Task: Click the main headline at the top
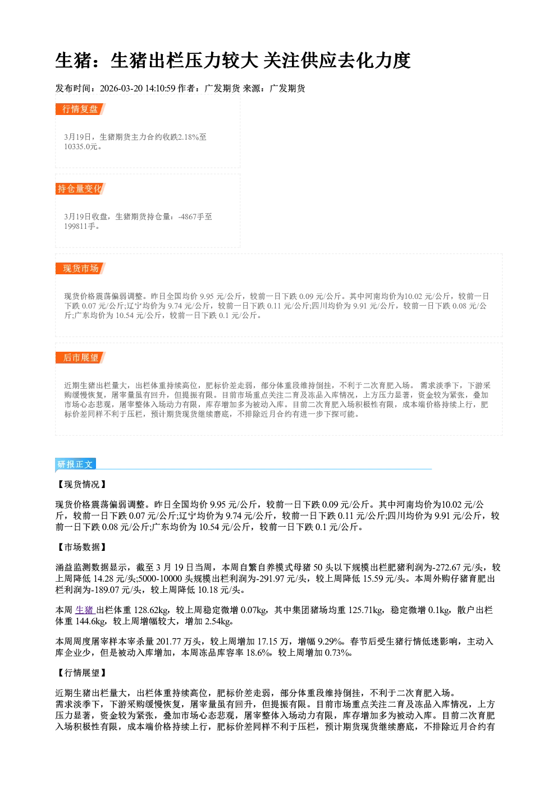point(233,61)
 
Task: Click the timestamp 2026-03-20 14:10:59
point(138,88)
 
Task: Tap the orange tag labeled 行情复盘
point(80,109)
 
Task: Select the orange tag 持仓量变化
point(80,188)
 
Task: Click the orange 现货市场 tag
point(80,269)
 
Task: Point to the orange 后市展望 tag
point(80,358)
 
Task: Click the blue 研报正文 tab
point(75,464)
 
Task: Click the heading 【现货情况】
point(81,485)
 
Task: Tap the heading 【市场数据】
point(81,547)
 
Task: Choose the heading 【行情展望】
point(81,673)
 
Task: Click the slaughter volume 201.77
point(167,642)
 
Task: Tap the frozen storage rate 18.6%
point(258,653)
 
